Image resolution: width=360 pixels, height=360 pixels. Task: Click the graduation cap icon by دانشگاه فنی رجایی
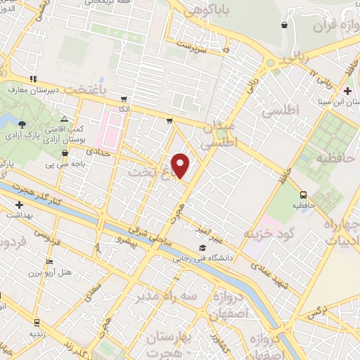202,247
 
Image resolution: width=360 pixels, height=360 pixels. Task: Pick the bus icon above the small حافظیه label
304,194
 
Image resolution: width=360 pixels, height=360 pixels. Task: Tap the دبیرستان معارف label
35,90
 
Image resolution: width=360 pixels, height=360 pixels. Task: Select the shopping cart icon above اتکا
124,99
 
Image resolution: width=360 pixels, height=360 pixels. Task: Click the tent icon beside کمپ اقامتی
64,120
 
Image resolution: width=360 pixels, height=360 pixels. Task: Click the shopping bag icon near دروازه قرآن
283,25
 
